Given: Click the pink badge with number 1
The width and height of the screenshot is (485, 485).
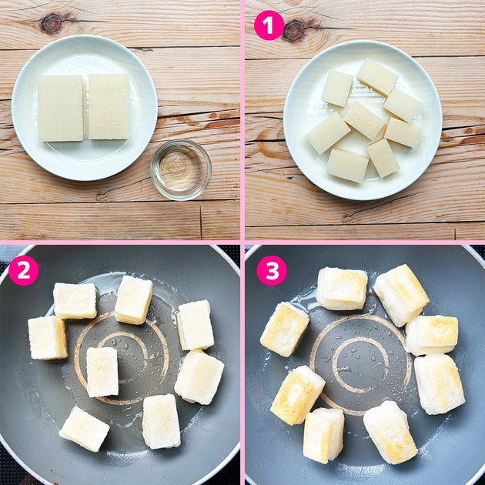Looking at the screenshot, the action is (x=269, y=25).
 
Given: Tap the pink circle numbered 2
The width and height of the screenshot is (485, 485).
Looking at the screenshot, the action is (x=24, y=270).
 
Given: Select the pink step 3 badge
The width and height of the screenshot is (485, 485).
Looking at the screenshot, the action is (x=272, y=270).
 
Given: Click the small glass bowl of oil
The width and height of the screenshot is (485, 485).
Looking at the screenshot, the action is (x=181, y=169).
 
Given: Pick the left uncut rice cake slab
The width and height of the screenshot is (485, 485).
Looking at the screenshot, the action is (x=61, y=109).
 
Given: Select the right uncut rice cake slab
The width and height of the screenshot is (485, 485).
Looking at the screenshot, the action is (x=109, y=106).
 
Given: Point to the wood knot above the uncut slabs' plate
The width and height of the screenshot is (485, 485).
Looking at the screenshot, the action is (x=52, y=23).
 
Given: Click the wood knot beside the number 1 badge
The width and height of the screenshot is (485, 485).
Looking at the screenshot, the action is (x=294, y=30).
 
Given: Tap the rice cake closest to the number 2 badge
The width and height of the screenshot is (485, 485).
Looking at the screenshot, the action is (x=75, y=301).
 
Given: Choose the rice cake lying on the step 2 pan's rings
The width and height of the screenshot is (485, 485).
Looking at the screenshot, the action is (x=102, y=372).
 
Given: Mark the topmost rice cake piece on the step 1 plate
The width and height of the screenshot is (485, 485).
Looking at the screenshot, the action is (x=377, y=77).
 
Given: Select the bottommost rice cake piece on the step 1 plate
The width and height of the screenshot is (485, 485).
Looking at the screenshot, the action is (x=347, y=166).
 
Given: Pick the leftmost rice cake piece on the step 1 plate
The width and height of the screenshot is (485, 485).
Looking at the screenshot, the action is (x=328, y=133).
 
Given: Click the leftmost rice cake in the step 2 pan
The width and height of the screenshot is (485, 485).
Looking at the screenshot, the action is (x=48, y=338).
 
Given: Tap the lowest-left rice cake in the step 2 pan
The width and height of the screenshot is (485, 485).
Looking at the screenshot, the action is (x=84, y=429).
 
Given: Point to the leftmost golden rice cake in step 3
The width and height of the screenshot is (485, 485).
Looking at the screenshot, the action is (x=285, y=329).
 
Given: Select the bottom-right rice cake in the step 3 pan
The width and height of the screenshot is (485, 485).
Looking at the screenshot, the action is (x=390, y=432).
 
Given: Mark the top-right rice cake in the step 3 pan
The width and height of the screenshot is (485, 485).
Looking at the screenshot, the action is (x=401, y=295).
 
